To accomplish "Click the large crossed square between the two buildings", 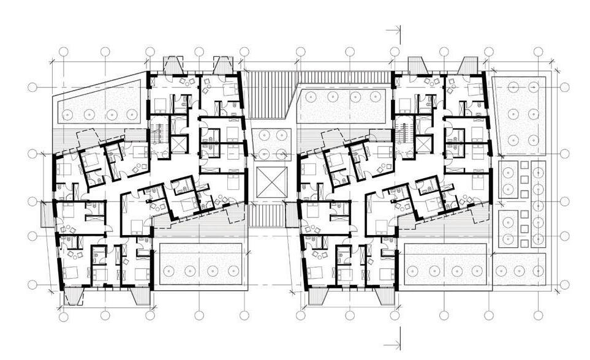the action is click(270, 182).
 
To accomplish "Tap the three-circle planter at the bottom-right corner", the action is click(520, 269).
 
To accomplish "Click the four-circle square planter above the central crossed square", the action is click(270, 144).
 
